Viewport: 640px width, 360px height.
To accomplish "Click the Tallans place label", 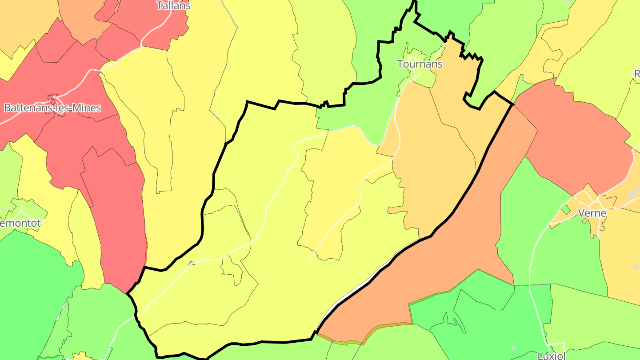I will tap(173, 6).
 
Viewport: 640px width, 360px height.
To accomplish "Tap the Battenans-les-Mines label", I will tap(52, 108).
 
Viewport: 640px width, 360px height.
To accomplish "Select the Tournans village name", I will tap(420, 64).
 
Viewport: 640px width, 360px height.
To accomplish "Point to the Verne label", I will tap(592, 213).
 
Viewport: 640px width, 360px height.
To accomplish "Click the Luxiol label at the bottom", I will tap(551, 356).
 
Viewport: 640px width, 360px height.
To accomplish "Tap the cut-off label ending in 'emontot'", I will tap(20, 223).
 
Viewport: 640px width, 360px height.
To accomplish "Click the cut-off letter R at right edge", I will tap(636, 73).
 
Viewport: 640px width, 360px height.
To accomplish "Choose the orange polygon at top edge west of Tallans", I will tap(82, 18).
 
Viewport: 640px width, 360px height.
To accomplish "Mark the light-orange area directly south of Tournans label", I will tap(427, 147).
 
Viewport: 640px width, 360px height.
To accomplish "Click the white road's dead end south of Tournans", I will tap(309, 260).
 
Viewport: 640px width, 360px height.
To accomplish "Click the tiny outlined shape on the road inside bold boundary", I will tap(192, 264).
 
